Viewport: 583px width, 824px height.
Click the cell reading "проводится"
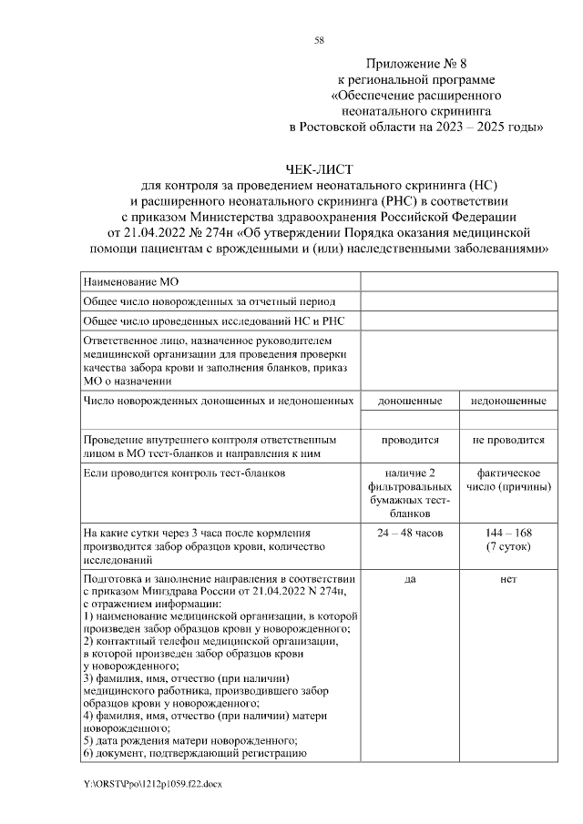point(410,440)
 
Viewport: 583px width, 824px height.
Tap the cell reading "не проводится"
point(508,440)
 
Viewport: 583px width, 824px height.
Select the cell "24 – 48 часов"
point(410,532)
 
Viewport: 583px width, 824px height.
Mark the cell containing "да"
point(410,578)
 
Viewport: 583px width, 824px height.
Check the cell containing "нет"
point(508,578)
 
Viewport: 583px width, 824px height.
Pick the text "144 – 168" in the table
point(508,532)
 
